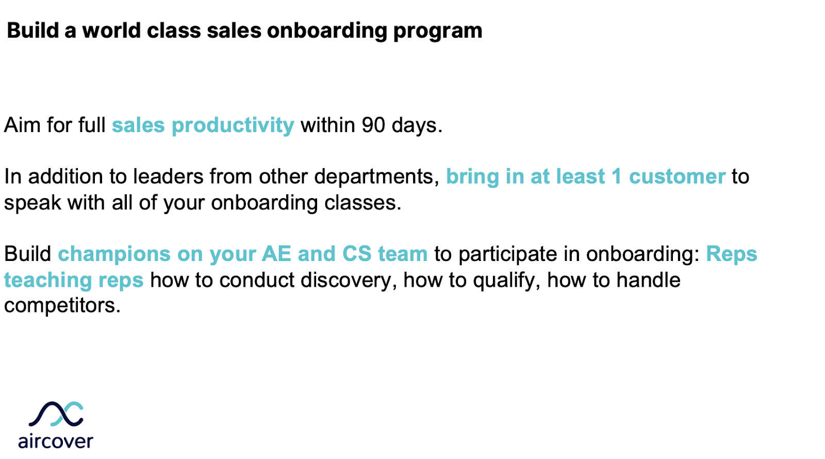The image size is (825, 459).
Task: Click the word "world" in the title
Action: pyautogui.click(x=111, y=30)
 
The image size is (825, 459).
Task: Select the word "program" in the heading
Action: pyautogui.click(x=438, y=31)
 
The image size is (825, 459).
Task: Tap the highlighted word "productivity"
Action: pyautogui.click(x=233, y=126)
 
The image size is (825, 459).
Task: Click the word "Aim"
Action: pyautogui.click(x=22, y=125)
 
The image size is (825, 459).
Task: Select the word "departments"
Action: pyautogui.click(x=373, y=177)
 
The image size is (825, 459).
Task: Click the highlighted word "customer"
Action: pyautogui.click(x=677, y=177)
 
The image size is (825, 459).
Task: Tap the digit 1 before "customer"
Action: pyautogui.click(x=616, y=177)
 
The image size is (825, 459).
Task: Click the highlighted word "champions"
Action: pyautogui.click(x=114, y=254)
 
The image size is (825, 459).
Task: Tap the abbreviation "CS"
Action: pyautogui.click(x=357, y=254)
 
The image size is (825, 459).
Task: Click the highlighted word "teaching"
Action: pyautogui.click(x=48, y=281)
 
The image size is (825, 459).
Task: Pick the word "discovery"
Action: pyautogui.click(x=345, y=281)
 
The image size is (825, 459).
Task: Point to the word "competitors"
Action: pyautogui.click(x=61, y=306)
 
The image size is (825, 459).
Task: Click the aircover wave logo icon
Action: pyautogui.click(x=56, y=414)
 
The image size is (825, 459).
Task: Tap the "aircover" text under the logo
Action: pyautogui.click(x=56, y=441)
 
